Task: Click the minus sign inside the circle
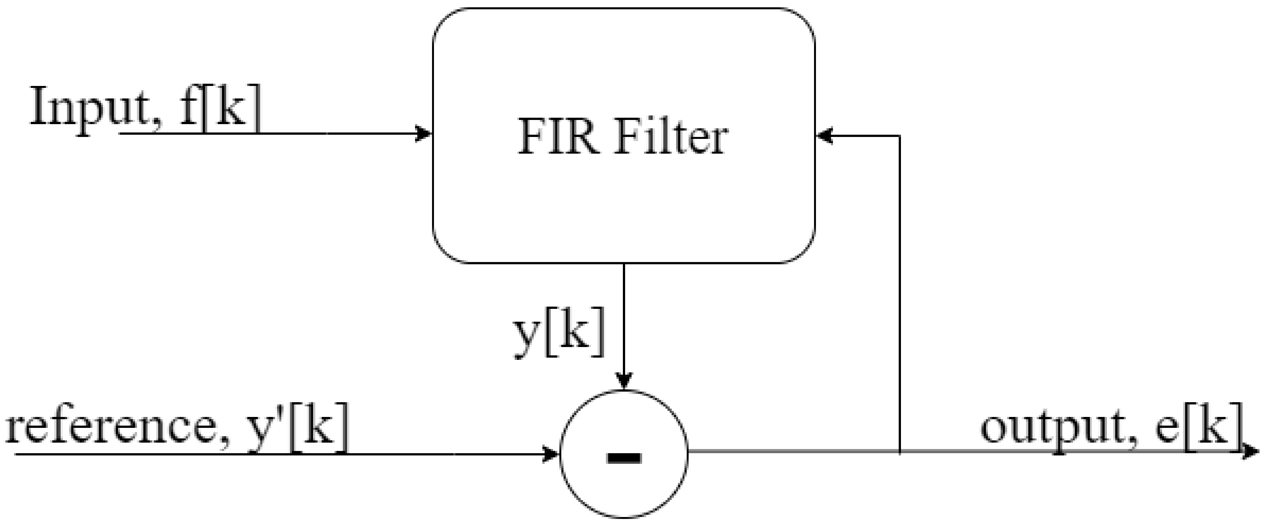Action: (624, 458)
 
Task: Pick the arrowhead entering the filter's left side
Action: (423, 133)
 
